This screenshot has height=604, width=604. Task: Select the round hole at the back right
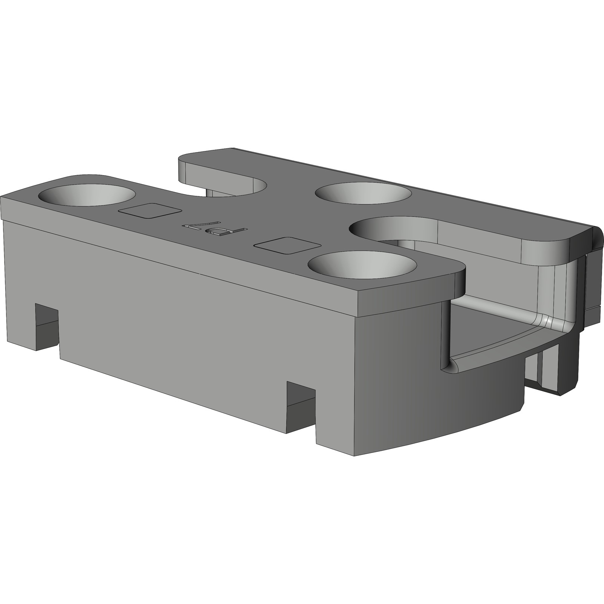coord(364,193)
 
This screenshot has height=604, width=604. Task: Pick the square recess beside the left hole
coord(150,210)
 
